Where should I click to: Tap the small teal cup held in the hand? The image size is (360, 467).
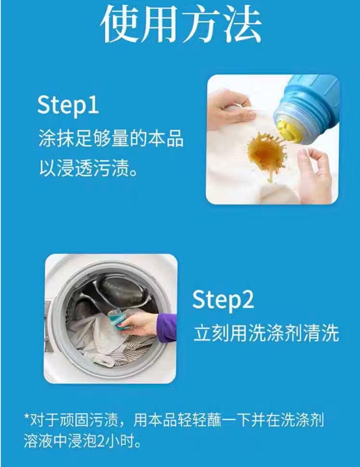(116, 319)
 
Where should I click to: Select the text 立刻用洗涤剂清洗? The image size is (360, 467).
(266, 334)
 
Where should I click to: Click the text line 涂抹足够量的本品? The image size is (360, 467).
(111, 139)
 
